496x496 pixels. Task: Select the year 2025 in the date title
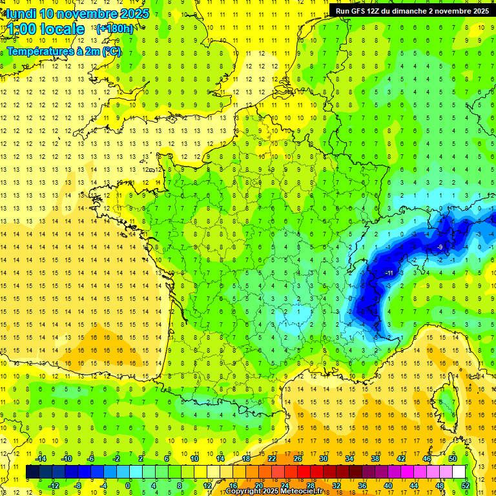pyautogui.click(x=134, y=14)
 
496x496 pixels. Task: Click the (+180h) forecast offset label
pyautogui.click(x=115, y=28)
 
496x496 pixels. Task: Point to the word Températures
pyautogui.click(x=39, y=50)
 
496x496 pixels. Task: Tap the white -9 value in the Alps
pyautogui.click(x=439, y=247)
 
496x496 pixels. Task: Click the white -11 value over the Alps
pyautogui.click(x=388, y=273)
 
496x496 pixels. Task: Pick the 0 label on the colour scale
pyautogui.click(x=129, y=486)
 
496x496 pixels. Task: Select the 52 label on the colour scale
pyautogui.click(x=465, y=486)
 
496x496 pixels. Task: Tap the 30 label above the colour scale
pyautogui.click(x=323, y=458)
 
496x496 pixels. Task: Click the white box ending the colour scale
pyautogui.click(x=459, y=471)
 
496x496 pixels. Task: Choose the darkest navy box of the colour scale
pyautogui.click(x=32, y=471)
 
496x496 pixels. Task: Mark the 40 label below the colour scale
pyautogui.click(x=387, y=486)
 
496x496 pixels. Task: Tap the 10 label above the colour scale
pyautogui.click(x=194, y=458)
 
